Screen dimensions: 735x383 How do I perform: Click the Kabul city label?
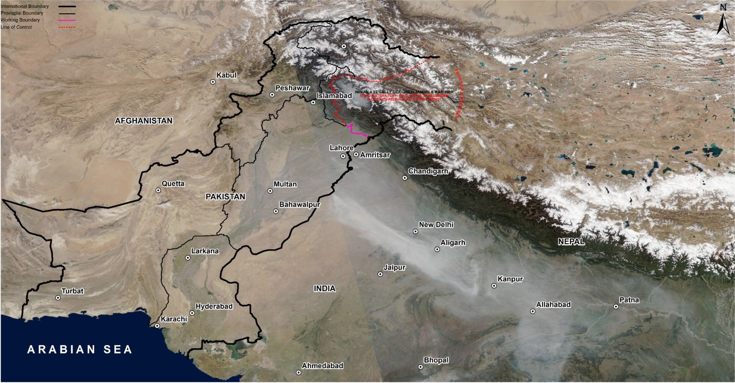click(x=226, y=75)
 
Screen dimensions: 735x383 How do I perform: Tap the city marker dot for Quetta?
click(x=158, y=190)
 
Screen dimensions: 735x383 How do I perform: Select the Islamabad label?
click(x=334, y=96)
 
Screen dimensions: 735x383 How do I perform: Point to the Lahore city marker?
click(x=343, y=156)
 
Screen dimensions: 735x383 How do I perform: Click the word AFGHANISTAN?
click(x=144, y=121)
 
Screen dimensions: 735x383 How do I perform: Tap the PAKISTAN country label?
click(x=226, y=196)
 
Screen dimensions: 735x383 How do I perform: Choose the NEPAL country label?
click(x=571, y=241)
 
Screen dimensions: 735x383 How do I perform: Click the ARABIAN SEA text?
click(x=80, y=349)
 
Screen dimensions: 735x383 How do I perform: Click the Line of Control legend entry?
click(x=17, y=27)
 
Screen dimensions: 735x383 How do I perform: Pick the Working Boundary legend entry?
click(x=20, y=20)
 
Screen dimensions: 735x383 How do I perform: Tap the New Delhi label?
click(x=436, y=224)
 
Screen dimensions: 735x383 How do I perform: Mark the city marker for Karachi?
click(x=157, y=326)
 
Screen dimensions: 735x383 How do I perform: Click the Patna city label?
click(x=629, y=300)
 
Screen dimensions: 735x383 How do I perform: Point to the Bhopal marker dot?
click(x=420, y=367)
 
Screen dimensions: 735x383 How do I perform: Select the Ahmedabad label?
click(x=322, y=366)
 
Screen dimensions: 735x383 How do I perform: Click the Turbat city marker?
click(x=58, y=298)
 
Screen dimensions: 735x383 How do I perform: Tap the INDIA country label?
click(x=324, y=289)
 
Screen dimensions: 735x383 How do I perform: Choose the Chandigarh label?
click(x=428, y=171)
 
